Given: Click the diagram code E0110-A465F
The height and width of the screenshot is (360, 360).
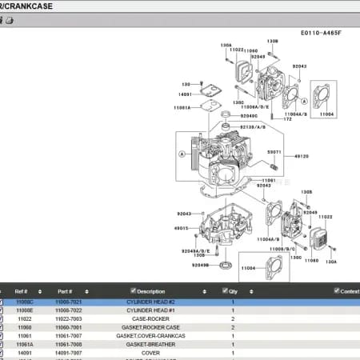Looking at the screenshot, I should click(321, 34).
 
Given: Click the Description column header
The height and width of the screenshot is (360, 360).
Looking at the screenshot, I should click(150, 291).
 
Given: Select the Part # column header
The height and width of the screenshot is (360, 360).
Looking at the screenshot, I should click(65, 291).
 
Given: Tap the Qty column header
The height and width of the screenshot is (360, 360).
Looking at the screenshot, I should click(232, 291).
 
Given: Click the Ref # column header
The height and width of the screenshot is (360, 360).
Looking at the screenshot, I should click(22, 291).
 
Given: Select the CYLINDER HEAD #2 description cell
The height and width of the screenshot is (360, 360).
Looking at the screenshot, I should click(150, 302).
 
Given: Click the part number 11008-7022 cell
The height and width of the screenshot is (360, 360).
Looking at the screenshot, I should click(68, 310).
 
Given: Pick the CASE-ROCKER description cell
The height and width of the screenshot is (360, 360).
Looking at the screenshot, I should click(150, 318).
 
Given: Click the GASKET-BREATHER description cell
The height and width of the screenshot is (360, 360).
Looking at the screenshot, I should click(150, 344).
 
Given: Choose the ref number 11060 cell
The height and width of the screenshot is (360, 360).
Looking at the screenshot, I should click(25, 327).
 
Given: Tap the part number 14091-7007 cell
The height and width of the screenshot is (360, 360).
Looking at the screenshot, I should click(68, 353).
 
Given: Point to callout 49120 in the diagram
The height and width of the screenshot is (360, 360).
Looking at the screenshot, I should click(302, 156).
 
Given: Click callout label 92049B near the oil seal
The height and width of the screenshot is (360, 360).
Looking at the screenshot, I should click(200, 265).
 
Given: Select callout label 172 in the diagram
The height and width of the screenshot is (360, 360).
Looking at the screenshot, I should click(288, 119).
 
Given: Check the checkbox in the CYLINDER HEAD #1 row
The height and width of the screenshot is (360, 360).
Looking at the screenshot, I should click(2, 310).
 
